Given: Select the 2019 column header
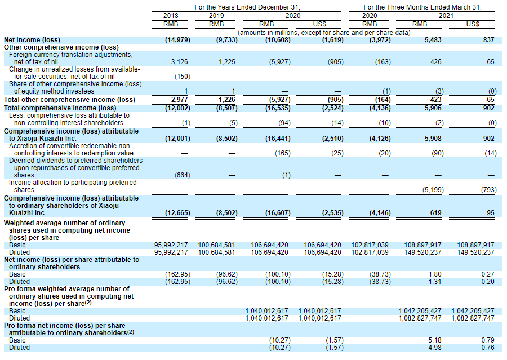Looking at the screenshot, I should click(x=216, y=16).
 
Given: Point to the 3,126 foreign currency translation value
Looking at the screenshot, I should click(x=180, y=61).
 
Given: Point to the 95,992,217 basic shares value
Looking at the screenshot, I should click(x=172, y=245).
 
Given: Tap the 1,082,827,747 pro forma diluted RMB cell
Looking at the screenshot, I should click(x=420, y=318).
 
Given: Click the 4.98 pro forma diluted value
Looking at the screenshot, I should click(x=435, y=348).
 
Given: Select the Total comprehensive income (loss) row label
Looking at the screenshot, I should click(x=60, y=108).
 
